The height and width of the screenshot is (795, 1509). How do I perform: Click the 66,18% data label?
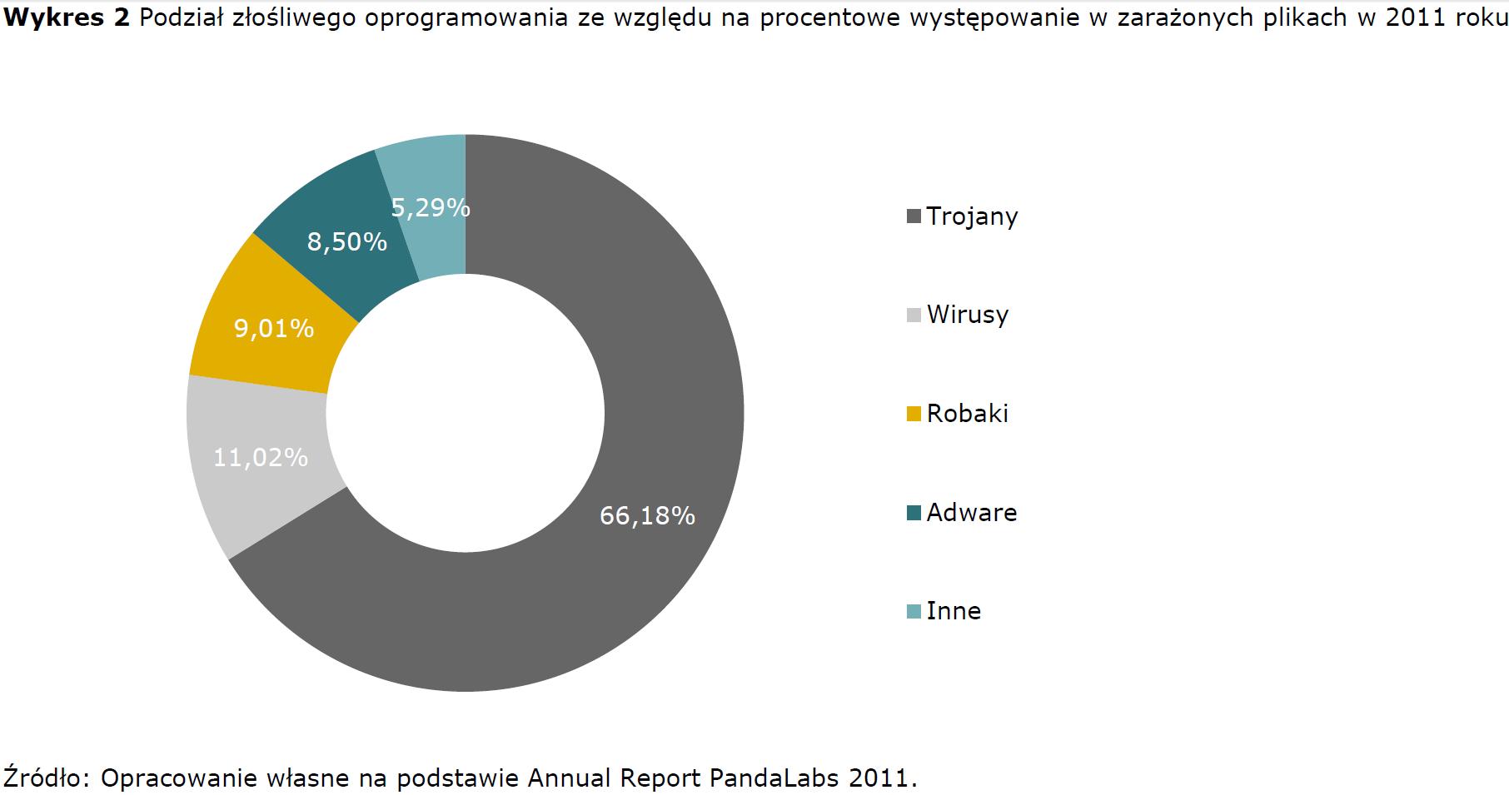tap(647, 516)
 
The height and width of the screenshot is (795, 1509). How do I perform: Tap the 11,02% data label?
tap(261, 457)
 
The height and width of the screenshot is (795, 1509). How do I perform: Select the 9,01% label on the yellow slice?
tap(274, 329)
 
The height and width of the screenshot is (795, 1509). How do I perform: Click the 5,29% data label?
tap(431, 207)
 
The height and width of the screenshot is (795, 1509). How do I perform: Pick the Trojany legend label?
tap(972, 216)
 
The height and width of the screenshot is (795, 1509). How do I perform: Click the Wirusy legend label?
tap(967, 315)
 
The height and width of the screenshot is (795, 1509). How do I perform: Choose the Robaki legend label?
tap(967, 414)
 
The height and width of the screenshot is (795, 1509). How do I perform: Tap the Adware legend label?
tap(971, 512)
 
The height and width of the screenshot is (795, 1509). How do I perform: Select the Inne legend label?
tap(954, 611)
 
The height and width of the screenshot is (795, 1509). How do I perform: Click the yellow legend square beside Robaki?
tap(914, 414)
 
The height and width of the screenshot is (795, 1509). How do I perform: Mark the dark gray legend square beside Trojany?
tap(914, 216)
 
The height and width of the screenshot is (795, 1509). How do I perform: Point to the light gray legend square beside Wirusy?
tap(914, 316)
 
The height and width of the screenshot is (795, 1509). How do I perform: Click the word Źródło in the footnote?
tap(46, 778)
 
